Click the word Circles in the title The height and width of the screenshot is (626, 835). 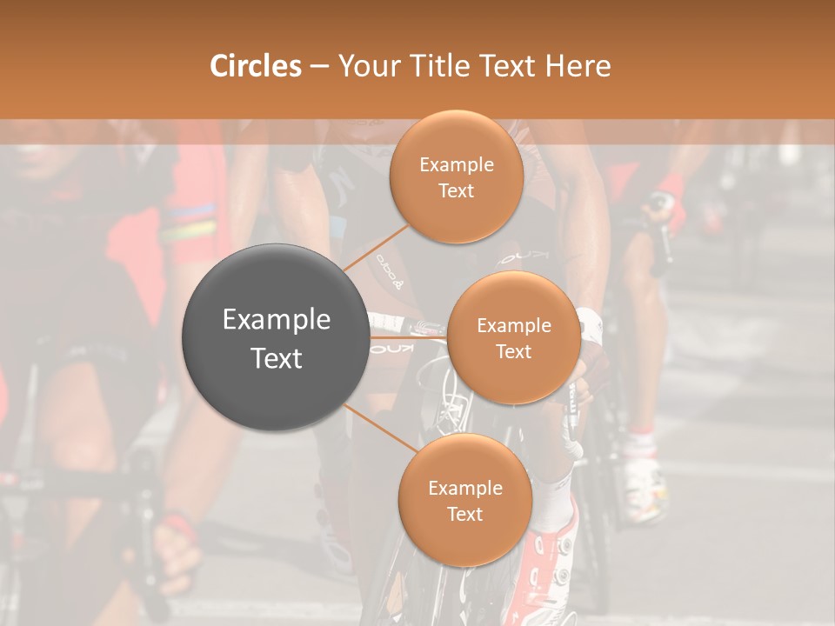[256, 66]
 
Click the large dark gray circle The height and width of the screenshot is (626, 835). [276, 337]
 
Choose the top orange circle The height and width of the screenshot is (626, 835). [456, 177]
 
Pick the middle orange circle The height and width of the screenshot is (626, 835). [513, 337]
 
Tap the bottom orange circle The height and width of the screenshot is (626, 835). [464, 500]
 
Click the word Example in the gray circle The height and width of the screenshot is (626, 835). [276, 320]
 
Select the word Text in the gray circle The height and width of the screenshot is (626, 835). [276, 358]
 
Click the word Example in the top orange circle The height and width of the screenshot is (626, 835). [456, 165]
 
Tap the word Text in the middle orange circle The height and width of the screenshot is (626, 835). [513, 351]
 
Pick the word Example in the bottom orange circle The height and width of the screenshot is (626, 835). [464, 488]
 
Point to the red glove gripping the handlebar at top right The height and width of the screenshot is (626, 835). [669, 191]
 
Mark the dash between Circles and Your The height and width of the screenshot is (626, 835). [319, 67]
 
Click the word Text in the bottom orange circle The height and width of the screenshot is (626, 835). [464, 514]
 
